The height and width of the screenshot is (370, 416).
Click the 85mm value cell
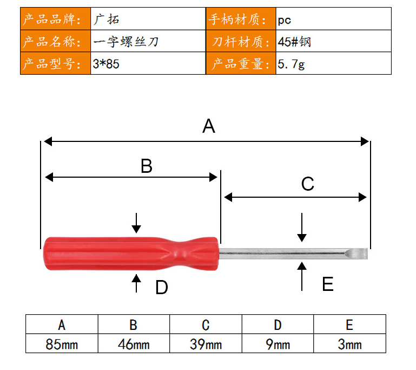(x=62, y=343)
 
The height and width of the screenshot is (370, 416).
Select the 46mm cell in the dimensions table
(x=134, y=343)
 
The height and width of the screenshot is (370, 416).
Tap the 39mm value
(x=206, y=343)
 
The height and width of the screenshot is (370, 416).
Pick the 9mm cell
(x=278, y=343)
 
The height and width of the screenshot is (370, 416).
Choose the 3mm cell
(x=349, y=343)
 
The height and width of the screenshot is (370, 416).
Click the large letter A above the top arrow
(x=208, y=126)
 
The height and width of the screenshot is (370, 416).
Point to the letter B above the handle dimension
(x=147, y=166)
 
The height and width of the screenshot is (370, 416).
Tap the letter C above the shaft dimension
(x=308, y=184)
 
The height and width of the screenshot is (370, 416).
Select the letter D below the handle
(x=162, y=287)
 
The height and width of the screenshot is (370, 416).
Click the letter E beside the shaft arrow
(x=328, y=284)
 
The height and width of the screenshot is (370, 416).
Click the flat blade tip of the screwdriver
(x=358, y=254)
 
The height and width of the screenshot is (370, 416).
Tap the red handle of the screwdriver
(x=131, y=254)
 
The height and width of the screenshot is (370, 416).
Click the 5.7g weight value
(x=291, y=64)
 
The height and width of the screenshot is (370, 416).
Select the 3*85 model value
(x=106, y=64)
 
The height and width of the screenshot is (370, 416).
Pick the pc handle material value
(x=285, y=20)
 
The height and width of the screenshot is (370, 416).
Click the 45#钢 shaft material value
(x=294, y=42)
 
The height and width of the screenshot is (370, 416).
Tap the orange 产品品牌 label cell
(x=56, y=19)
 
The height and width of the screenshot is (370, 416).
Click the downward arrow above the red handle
(x=136, y=223)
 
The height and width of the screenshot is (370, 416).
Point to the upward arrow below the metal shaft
(x=302, y=276)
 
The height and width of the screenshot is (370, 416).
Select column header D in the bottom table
(x=278, y=325)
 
